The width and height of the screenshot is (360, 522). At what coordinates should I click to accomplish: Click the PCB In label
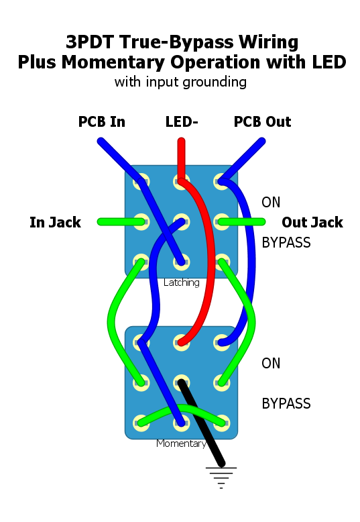click(101, 122)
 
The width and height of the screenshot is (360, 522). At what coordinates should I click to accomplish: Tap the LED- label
click(182, 122)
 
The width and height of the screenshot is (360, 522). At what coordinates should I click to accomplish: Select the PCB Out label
click(262, 122)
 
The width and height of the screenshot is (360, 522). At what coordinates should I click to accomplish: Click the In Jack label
click(55, 222)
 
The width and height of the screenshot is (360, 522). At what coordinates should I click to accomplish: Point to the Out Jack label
click(312, 222)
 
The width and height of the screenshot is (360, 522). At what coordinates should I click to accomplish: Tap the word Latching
click(181, 282)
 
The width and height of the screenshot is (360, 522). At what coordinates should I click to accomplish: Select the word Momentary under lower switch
click(181, 443)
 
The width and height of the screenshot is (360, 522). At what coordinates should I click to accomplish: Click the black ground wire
click(201, 423)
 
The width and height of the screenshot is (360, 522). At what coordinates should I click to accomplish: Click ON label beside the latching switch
click(271, 203)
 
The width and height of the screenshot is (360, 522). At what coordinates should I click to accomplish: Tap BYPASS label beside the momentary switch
click(286, 403)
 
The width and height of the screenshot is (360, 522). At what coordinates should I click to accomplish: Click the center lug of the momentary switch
click(181, 383)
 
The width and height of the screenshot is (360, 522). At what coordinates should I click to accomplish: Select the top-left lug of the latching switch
click(141, 182)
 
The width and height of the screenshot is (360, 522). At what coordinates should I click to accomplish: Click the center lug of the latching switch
click(181, 222)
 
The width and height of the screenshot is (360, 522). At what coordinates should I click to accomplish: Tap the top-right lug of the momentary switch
click(222, 343)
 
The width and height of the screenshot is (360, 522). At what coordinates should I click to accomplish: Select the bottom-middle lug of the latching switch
click(181, 262)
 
